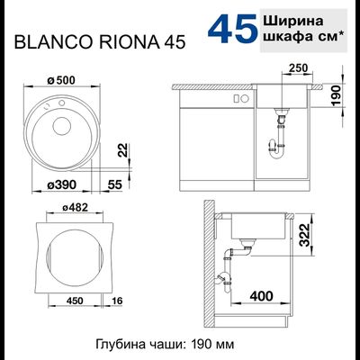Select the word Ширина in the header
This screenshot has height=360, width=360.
(292, 18)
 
